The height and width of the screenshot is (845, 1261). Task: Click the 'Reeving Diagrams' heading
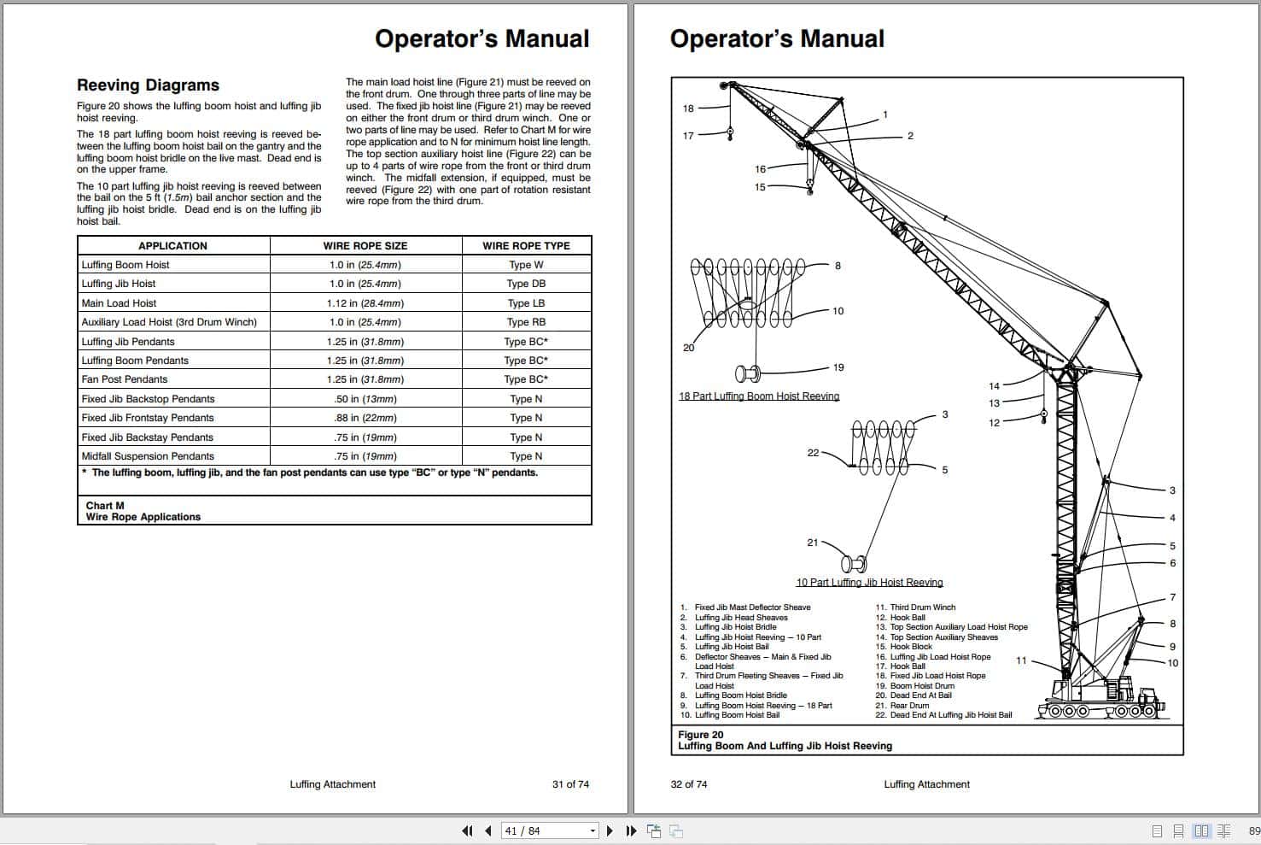point(148,85)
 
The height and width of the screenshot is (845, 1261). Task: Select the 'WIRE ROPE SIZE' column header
point(365,246)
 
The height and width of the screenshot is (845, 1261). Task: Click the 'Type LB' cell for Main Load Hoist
point(526,303)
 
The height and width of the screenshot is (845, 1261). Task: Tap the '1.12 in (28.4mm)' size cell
point(365,303)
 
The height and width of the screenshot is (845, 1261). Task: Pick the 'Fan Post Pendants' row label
point(125,379)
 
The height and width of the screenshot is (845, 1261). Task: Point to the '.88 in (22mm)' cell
point(365,418)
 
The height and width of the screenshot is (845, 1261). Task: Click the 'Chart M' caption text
point(105,506)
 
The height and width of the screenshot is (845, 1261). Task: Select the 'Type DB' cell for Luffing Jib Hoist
point(526,284)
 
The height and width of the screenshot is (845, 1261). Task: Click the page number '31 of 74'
point(570,784)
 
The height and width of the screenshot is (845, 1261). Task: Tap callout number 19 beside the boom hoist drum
point(838,367)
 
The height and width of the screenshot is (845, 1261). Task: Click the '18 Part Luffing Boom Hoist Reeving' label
point(759,396)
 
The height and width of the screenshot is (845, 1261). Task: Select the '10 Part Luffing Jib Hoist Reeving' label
point(869,583)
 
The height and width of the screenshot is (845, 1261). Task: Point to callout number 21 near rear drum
point(813,543)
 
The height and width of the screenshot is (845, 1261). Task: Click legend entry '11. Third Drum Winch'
point(915,607)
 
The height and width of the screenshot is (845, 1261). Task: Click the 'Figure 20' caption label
point(700,735)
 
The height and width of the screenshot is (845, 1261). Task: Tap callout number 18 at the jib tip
point(688,109)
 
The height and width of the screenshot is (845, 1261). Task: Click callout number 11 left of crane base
point(1021,660)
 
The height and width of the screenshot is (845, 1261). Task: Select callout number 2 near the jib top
point(910,136)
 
